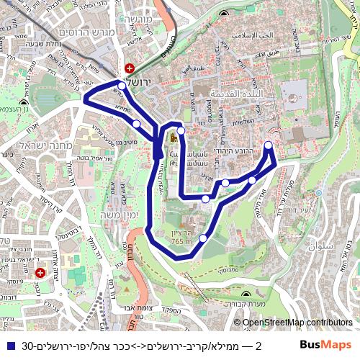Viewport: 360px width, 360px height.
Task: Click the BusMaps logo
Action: (325, 346)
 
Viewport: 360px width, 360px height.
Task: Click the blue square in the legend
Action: (9, 346)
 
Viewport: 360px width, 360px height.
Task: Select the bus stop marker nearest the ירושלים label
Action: (122, 86)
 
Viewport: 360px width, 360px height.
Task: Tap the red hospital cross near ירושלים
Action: (129, 67)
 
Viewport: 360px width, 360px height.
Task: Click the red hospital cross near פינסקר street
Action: (40, 274)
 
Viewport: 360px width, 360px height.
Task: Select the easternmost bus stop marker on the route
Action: (269, 146)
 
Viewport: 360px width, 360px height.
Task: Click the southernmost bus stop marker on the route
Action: (203, 238)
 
